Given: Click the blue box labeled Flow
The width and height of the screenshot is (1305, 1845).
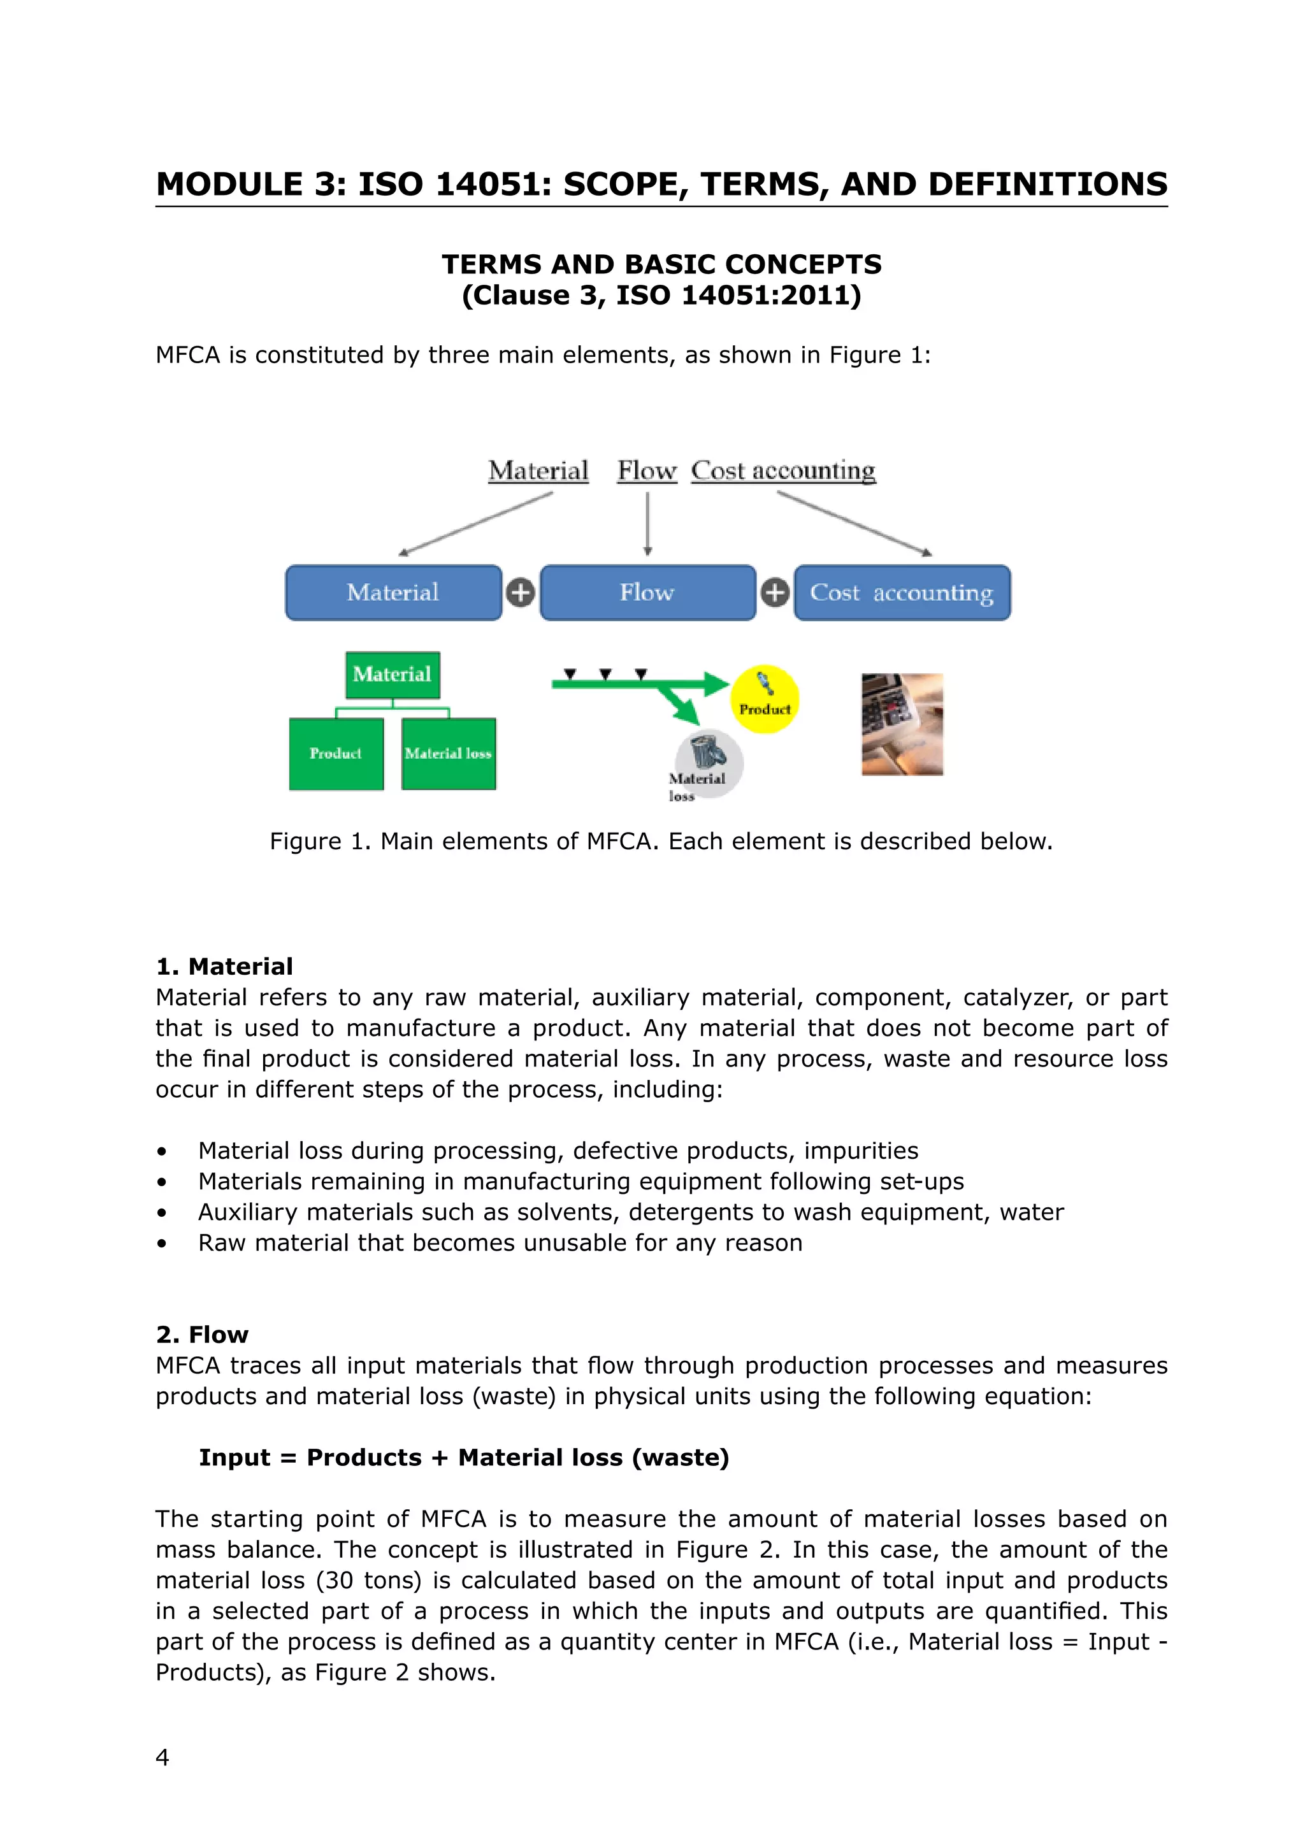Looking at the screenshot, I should pyautogui.click(x=647, y=592).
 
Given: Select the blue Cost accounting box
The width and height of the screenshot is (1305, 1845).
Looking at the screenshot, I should pyautogui.click(x=902, y=592).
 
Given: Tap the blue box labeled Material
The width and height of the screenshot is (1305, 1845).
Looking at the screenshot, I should pyautogui.click(x=393, y=592).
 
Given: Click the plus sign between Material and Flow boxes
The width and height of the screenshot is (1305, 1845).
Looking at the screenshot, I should pyautogui.click(x=521, y=593).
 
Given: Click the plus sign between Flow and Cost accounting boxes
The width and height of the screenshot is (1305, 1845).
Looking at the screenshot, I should pyautogui.click(x=775, y=593).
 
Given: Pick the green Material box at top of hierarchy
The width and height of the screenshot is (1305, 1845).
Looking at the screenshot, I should pyautogui.click(x=392, y=674).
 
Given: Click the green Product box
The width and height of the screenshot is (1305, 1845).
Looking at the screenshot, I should pyautogui.click(x=336, y=753).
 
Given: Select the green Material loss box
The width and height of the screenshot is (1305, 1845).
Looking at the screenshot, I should pyautogui.click(x=449, y=753).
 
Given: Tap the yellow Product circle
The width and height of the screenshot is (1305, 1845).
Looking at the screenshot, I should pyautogui.click(x=764, y=698).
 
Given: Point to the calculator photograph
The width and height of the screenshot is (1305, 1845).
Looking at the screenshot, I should pyautogui.click(x=902, y=724).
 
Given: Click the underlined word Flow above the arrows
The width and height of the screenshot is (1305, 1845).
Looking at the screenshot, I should pyautogui.click(x=647, y=470).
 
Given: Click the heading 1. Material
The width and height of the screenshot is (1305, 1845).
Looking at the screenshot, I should pyautogui.click(x=224, y=966).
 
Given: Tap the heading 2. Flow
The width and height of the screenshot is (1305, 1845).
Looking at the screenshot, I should pyautogui.click(x=202, y=1334).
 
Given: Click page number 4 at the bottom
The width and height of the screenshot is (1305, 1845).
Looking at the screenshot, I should pyautogui.click(x=162, y=1758).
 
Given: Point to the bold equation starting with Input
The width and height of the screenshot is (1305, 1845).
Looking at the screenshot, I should pyautogui.click(x=464, y=1457).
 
